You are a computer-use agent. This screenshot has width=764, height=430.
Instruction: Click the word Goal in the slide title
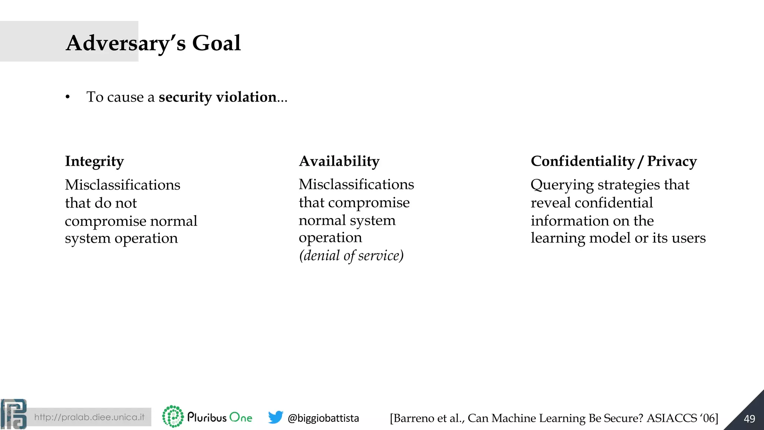(216, 43)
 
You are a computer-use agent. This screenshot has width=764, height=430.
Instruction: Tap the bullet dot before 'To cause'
(68, 97)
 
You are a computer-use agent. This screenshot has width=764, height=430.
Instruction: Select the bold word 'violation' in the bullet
(246, 97)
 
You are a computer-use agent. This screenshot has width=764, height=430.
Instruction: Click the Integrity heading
(94, 162)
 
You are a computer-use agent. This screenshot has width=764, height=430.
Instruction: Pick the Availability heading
(339, 161)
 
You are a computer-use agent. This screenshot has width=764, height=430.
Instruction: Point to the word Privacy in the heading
(671, 161)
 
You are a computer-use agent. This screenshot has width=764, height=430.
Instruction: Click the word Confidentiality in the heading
(582, 161)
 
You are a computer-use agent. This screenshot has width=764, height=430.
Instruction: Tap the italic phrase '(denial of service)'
(351, 256)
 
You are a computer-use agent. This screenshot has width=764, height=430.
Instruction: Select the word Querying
(562, 185)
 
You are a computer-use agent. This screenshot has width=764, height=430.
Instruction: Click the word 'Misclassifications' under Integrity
(122, 185)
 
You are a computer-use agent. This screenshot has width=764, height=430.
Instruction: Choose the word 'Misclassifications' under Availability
(356, 184)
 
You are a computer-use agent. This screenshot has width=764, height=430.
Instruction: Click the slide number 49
(749, 419)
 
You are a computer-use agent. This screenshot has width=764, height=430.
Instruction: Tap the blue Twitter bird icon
(276, 417)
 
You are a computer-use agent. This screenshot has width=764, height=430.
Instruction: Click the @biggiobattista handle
(323, 418)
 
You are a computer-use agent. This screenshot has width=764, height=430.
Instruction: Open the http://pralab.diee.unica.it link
(89, 417)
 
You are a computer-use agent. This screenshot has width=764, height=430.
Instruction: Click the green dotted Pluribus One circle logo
(173, 417)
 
